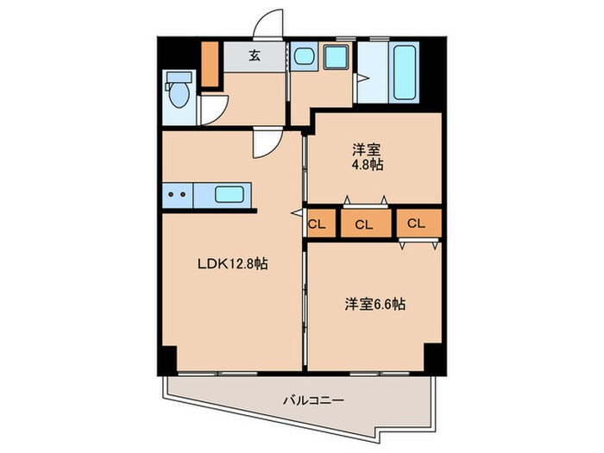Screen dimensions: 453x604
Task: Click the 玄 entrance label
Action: click(255, 57)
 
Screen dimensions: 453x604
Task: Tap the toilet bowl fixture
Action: click(179, 94)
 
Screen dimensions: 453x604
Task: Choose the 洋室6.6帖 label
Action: click(375, 304)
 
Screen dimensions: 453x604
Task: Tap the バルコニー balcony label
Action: click(314, 400)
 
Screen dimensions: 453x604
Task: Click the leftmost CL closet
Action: click(317, 224)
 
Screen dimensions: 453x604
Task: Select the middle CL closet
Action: click(363, 224)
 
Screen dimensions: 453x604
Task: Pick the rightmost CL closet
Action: click(416, 223)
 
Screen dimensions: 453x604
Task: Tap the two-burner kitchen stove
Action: click(177, 195)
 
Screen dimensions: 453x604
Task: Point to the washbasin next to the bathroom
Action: click(303, 58)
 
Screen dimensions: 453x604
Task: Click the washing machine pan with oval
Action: click(333, 58)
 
